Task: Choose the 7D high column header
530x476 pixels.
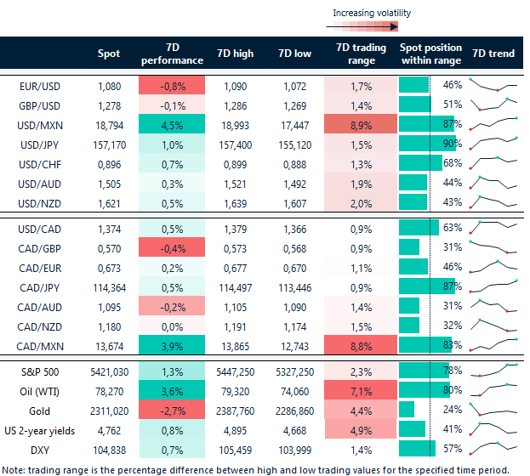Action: click(236, 54)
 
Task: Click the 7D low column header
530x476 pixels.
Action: click(294, 54)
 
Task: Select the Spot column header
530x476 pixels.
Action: click(109, 54)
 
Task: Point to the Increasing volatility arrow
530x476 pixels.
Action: click(374, 26)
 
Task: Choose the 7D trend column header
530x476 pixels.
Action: click(493, 54)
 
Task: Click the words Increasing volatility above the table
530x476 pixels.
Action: click(372, 13)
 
